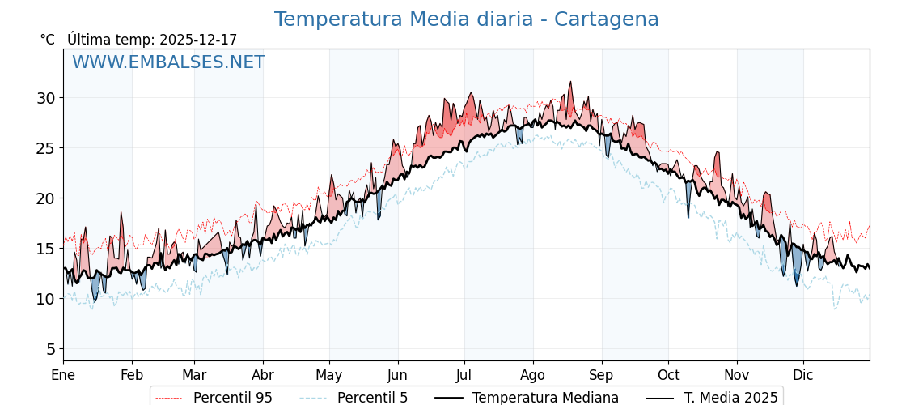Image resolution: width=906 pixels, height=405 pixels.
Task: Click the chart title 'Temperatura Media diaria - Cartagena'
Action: (466, 19)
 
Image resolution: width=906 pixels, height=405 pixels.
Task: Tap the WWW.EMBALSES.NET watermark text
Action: (168, 62)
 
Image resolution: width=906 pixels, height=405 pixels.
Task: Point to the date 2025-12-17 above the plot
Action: (198, 40)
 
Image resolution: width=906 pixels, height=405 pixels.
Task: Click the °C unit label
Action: (48, 40)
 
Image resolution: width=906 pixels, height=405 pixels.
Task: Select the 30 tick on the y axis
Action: (45, 98)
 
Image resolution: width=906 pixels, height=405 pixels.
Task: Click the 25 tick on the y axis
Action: (45, 148)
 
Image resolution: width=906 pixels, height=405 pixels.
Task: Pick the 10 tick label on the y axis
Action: (45, 299)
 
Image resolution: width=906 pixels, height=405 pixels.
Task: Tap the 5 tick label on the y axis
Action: (50, 349)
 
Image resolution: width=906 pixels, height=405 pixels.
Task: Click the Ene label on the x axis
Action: (63, 375)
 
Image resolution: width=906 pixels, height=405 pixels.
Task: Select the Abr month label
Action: (263, 375)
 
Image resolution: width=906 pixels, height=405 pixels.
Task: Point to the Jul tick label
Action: (464, 375)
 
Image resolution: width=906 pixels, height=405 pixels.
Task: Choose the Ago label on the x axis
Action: (533, 375)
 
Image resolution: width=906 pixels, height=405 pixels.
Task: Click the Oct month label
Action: (668, 375)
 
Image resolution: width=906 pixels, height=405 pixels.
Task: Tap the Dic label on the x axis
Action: (803, 375)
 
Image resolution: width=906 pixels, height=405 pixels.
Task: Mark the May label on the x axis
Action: (329, 375)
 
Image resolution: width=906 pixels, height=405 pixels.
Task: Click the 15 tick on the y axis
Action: (45, 249)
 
